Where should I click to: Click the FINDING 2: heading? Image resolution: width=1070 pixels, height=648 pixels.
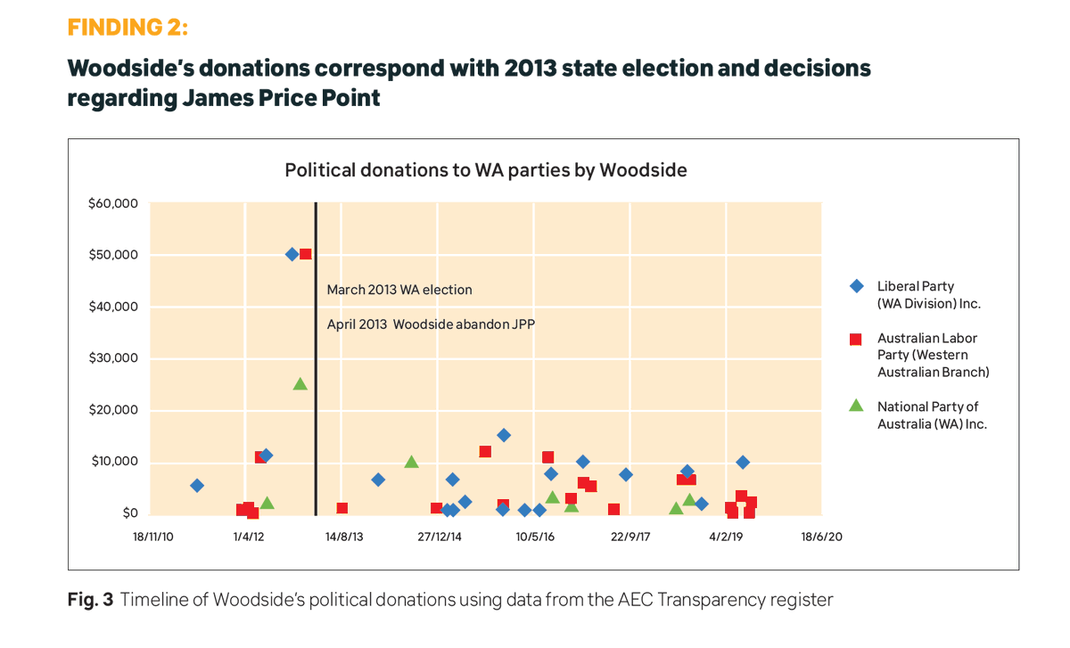(128, 27)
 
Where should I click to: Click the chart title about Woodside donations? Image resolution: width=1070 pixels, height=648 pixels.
(485, 169)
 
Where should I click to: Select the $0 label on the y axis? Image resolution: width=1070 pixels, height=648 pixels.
(130, 513)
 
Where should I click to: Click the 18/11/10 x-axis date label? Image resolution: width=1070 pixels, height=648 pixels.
(152, 537)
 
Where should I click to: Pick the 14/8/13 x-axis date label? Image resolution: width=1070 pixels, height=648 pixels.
(344, 537)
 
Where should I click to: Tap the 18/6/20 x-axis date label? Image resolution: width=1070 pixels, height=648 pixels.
(821, 537)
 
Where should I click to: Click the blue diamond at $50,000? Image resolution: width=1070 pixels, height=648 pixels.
(292, 254)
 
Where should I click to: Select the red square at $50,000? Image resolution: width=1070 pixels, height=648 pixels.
(305, 254)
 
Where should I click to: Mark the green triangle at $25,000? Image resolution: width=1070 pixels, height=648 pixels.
(300, 384)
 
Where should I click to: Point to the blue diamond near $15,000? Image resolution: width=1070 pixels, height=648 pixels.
(504, 435)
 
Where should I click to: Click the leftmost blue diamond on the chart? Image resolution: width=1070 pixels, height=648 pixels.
(197, 486)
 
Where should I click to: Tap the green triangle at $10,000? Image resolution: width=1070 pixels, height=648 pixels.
(411, 462)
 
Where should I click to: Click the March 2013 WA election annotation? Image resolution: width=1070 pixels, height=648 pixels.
(399, 290)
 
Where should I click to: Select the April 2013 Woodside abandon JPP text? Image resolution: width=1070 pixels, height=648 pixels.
(430, 324)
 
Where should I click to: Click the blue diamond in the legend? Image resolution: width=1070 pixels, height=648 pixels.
(856, 286)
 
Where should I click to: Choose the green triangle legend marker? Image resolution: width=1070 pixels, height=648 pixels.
(856, 406)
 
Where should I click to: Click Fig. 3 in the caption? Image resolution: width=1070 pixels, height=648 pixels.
(90, 600)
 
